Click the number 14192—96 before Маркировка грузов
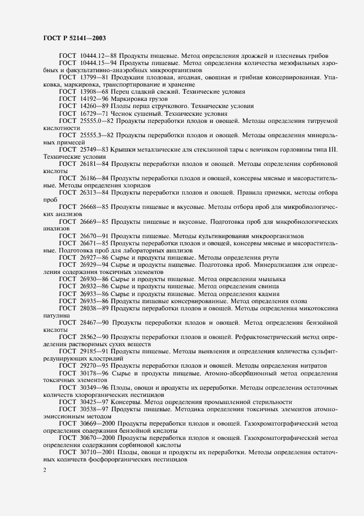click(96, 98)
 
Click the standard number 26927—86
click(96, 257)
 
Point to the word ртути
click(269, 257)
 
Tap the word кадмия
click(267, 293)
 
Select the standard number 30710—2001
click(98, 452)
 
